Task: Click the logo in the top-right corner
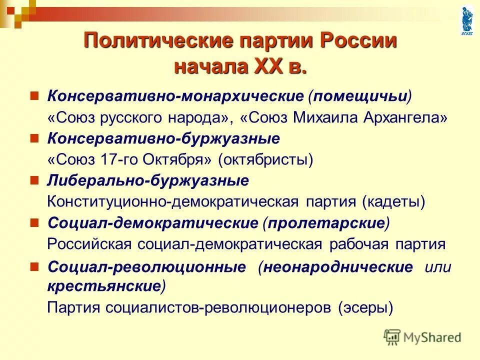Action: click(x=467, y=20)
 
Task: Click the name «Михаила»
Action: click(x=329, y=118)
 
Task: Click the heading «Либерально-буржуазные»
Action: click(x=148, y=180)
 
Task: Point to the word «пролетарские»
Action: click(x=326, y=223)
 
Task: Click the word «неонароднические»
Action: click(x=338, y=267)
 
